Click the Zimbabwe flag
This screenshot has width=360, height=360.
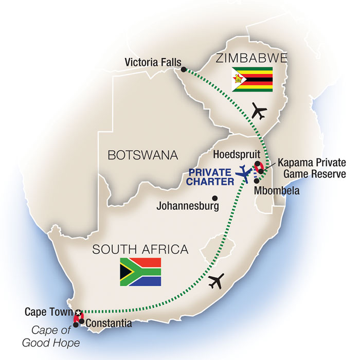click(252, 79)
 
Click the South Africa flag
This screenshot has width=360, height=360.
click(140, 272)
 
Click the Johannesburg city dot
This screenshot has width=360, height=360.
click(215, 197)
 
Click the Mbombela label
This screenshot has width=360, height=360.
click(278, 189)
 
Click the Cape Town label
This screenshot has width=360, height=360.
click(49, 312)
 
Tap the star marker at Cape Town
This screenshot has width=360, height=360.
click(78, 312)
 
